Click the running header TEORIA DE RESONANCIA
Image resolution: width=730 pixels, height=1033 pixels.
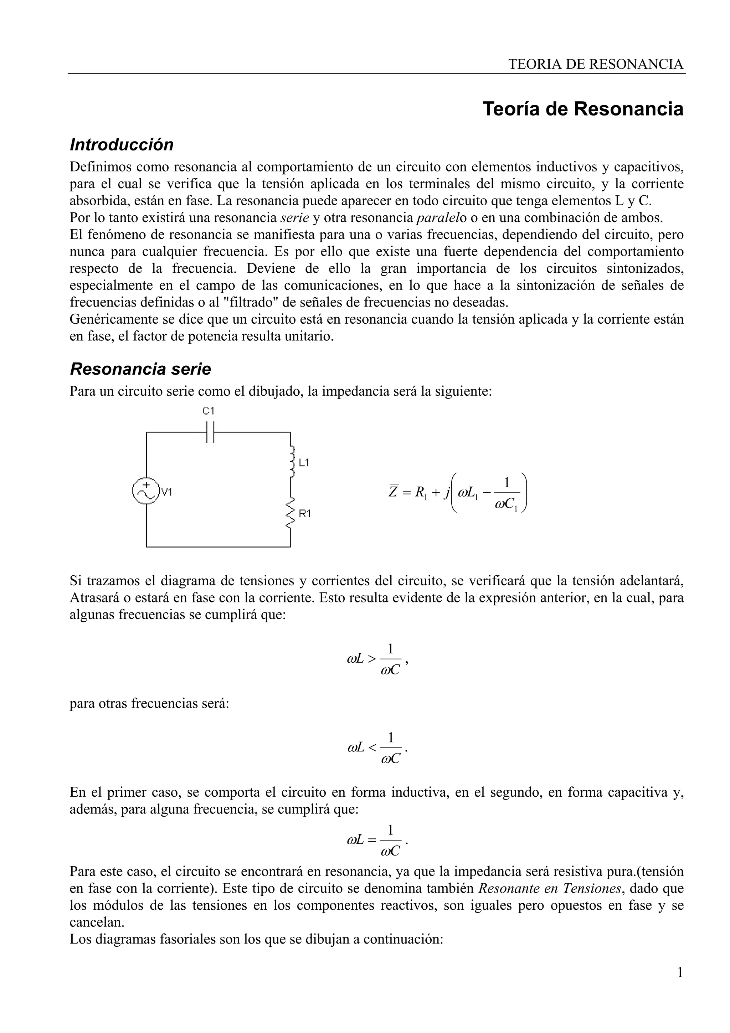[x=596, y=64]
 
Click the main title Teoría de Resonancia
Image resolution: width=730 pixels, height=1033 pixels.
[x=583, y=109]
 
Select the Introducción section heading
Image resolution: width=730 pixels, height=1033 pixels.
[x=122, y=145]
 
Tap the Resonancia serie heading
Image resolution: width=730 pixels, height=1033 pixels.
[x=140, y=369]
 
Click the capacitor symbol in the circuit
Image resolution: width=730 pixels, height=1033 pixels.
[x=210, y=432]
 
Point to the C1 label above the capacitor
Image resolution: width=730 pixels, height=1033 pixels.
[x=209, y=411]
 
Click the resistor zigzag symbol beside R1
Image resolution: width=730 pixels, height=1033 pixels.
[x=291, y=513]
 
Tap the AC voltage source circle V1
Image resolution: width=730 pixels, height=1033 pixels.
[x=146, y=491]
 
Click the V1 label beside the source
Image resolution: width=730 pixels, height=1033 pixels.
[x=167, y=492]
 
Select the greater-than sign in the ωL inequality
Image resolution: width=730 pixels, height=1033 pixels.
[x=371, y=659]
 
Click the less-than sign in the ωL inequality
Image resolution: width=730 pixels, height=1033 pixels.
[x=371, y=748]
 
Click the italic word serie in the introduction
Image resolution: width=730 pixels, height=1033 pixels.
[x=295, y=218]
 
